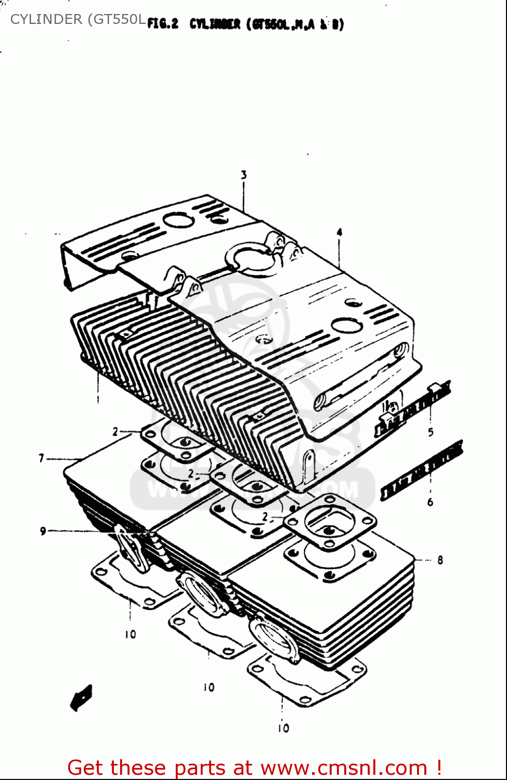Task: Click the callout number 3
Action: tap(243, 175)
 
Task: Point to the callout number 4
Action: tap(339, 232)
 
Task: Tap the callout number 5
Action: tap(431, 432)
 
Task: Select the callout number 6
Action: tap(430, 502)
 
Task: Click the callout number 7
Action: tap(41, 458)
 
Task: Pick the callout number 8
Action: tap(440, 560)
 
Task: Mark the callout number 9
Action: tap(43, 531)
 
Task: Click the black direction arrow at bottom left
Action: tap(81, 697)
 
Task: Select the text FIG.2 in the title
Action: tap(163, 24)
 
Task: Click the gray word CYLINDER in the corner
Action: tap(46, 19)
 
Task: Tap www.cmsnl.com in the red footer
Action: tap(343, 768)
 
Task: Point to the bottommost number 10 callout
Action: tap(283, 728)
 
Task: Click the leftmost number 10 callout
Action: tap(130, 634)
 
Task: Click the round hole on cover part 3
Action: tap(178, 219)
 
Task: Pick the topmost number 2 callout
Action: tap(115, 432)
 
